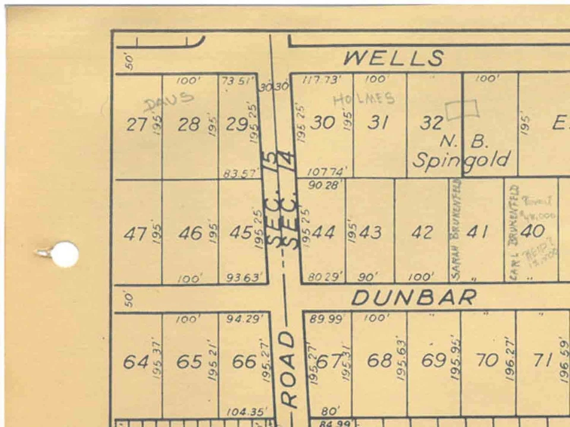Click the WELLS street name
pyautogui.click(x=393, y=58)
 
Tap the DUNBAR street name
pyautogui.click(x=414, y=297)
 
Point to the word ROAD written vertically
pyautogui.click(x=288, y=369)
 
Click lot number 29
pyautogui.click(x=237, y=125)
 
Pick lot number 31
pyautogui.click(x=378, y=123)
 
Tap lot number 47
pyautogui.click(x=135, y=234)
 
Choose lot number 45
pyautogui.click(x=240, y=232)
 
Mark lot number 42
pyautogui.click(x=422, y=232)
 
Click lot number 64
pyautogui.click(x=135, y=361)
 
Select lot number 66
pyautogui.click(x=244, y=361)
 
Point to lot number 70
pyautogui.click(x=487, y=360)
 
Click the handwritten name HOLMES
pyautogui.click(x=363, y=99)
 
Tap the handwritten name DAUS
pyautogui.click(x=169, y=101)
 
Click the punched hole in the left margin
pyautogui.click(x=64, y=254)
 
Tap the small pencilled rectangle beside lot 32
pyautogui.click(x=462, y=108)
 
